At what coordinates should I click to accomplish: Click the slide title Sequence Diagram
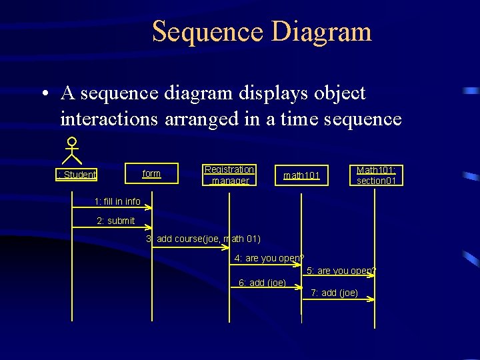pyautogui.click(x=261, y=31)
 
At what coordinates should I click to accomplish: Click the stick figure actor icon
pyautogui.click(x=71, y=151)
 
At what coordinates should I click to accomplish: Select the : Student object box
pyautogui.click(x=77, y=175)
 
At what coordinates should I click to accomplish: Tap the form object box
pyautogui.click(x=152, y=174)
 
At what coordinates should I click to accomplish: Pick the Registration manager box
pyautogui.click(x=229, y=175)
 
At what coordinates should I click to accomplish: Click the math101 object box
pyautogui.click(x=302, y=176)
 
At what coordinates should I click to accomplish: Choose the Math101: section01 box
pyautogui.click(x=377, y=176)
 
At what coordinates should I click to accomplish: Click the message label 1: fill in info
pyautogui.click(x=117, y=201)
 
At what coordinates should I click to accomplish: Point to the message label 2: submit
pyautogui.click(x=115, y=221)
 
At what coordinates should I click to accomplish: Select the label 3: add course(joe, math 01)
pyautogui.click(x=203, y=239)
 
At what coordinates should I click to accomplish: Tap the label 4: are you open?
pyautogui.click(x=269, y=258)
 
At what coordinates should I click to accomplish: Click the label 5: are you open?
pyautogui.click(x=341, y=271)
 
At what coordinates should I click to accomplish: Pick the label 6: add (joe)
pyautogui.click(x=262, y=283)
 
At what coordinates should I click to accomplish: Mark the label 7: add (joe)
pyautogui.click(x=334, y=293)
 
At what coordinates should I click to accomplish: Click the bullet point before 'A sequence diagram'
pyautogui.click(x=42, y=94)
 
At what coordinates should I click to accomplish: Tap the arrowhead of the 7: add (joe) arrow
pyautogui.click(x=372, y=300)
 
